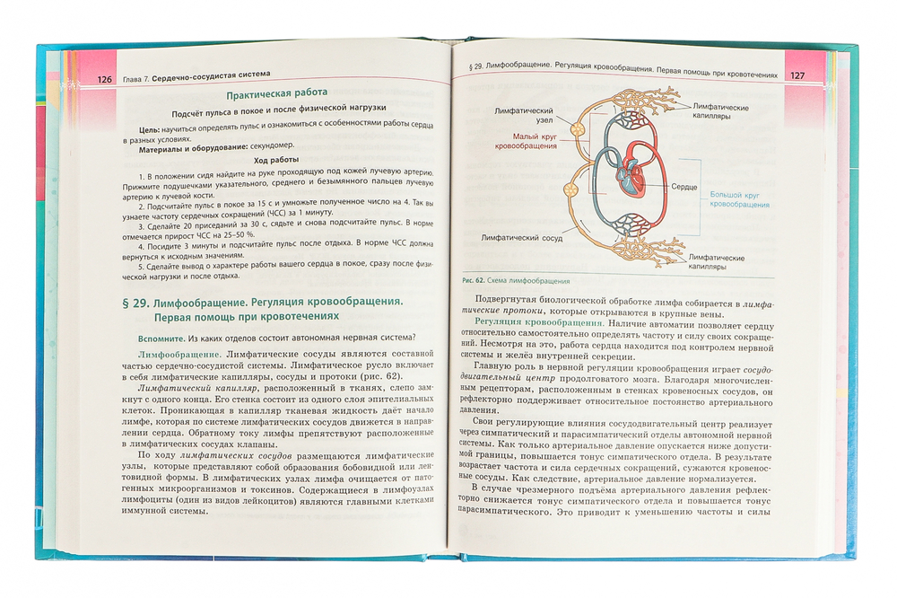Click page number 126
(x=104, y=79)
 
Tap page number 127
(x=799, y=75)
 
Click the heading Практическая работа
(x=276, y=92)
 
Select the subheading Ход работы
(x=275, y=159)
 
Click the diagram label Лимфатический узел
(x=525, y=115)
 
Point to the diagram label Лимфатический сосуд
(x=521, y=239)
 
